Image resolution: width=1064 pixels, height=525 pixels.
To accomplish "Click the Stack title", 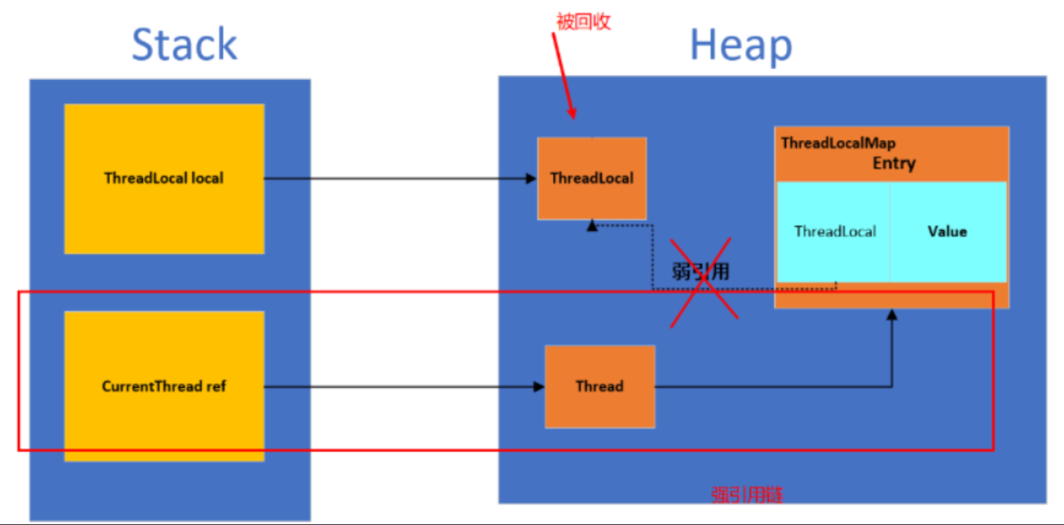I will click(x=184, y=45).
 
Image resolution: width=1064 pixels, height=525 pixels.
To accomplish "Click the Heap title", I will click(x=741, y=45).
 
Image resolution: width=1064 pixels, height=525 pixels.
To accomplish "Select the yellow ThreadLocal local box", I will click(x=164, y=209).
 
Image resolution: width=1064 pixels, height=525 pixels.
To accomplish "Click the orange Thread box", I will click(x=599, y=404).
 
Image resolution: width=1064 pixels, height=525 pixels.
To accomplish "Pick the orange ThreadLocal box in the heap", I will click(x=591, y=195).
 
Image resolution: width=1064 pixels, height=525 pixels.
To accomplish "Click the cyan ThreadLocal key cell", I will click(x=834, y=231).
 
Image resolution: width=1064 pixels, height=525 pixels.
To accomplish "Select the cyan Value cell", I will click(x=947, y=231).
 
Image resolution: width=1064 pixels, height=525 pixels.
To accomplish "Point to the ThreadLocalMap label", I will click(x=838, y=143).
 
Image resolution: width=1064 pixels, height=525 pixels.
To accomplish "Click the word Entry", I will click(x=894, y=163).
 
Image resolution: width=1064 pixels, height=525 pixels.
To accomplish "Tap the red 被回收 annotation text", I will click(x=583, y=22).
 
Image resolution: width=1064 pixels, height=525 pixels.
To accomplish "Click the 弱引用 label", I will click(x=699, y=271).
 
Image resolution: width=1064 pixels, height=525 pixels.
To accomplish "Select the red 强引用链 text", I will click(x=746, y=495).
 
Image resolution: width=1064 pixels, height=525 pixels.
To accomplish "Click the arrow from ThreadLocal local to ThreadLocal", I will click(x=397, y=177).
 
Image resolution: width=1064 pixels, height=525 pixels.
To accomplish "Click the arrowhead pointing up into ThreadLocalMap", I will click(x=892, y=316).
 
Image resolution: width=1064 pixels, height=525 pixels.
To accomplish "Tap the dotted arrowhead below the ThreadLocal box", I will click(x=592, y=226).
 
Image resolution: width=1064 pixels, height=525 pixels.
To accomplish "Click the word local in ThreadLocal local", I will click(x=207, y=177).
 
